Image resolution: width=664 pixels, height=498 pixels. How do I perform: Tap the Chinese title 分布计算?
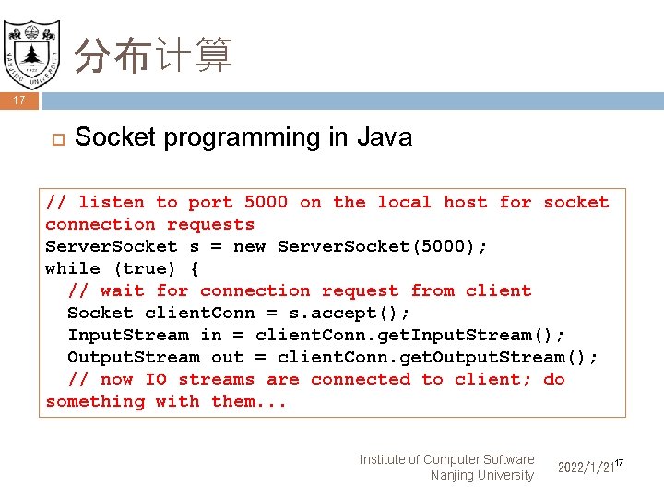pyautogui.click(x=153, y=56)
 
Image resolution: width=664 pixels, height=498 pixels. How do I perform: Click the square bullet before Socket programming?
pyautogui.click(x=54, y=139)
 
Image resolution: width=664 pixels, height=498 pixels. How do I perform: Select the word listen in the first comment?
pyautogui.click(x=111, y=202)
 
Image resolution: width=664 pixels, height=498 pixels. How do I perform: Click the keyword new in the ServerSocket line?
pyautogui.click(x=249, y=246)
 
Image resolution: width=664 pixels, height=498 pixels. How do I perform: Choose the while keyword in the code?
pyautogui.click(x=73, y=268)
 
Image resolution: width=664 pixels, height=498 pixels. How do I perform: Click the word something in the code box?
pyautogui.click(x=95, y=401)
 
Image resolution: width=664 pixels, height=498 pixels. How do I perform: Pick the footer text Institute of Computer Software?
pyautogui.click(x=446, y=459)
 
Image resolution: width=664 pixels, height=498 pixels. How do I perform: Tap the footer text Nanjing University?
pyautogui.click(x=481, y=476)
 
